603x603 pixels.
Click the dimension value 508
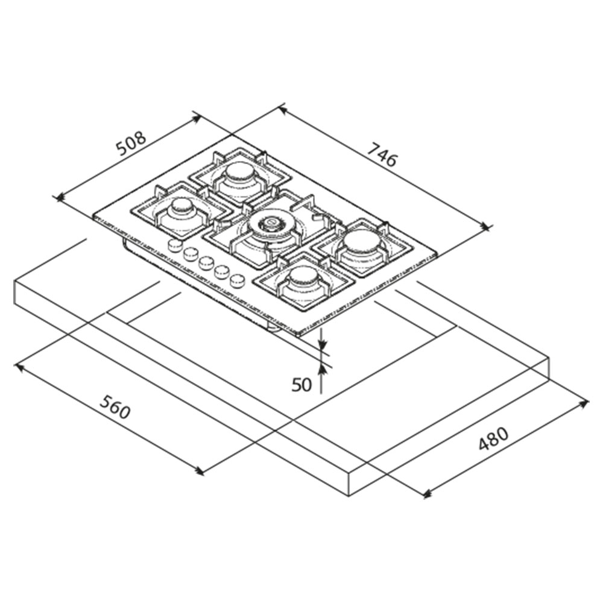pyautogui.click(x=131, y=143)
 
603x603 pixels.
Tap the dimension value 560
pyautogui.click(x=115, y=406)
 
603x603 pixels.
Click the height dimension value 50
pyautogui.click(x=301, y=385)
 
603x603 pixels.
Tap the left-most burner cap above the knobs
pyautogui.click(x=182, y=206)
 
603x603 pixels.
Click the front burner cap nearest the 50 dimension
pyautogui.click(x=304, y=276)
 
